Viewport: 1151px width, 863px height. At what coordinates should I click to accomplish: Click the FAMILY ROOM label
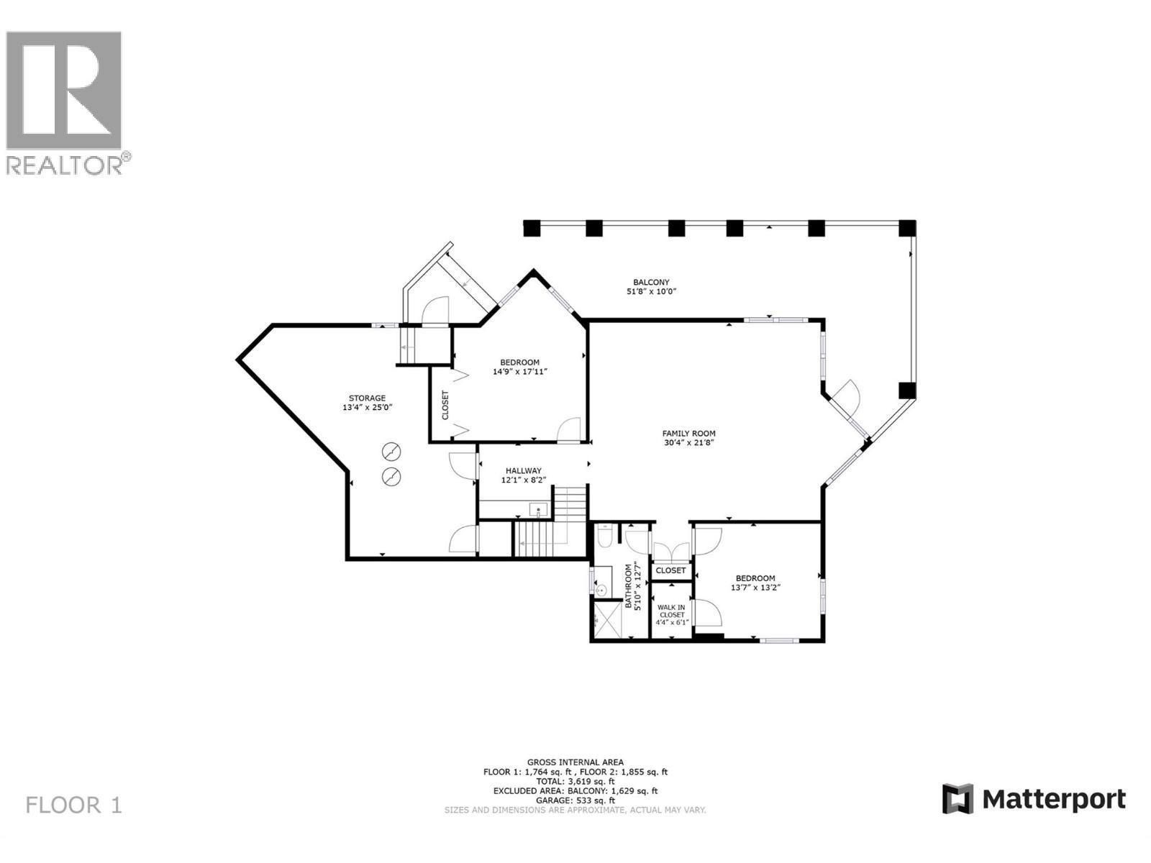click(x=688, y=434)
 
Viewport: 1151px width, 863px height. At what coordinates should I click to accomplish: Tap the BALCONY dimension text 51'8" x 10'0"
click(x=651, y=292)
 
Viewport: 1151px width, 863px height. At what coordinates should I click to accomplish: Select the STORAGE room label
click(x=367, y=398)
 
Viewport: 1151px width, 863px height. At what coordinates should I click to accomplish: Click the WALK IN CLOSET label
click(x=671, y=611)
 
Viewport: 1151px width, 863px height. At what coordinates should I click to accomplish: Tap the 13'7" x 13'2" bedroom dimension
click(x=755, y=588)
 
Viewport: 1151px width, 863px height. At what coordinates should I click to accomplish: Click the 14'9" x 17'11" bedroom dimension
click(x=519, y=372)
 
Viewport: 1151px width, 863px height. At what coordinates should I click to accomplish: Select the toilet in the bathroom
click(x=604, y=536)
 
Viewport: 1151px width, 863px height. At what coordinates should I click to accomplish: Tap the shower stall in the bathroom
click(x=606, y=621)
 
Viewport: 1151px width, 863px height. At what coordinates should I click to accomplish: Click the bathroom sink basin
click(x=601, y=590)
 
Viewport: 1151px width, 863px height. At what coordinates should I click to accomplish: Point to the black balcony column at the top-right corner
click(x=908, y=228)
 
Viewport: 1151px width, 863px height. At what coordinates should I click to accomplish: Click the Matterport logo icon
click(x=957, y=798)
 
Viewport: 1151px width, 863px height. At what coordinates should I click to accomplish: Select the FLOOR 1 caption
click(x=74, y=805)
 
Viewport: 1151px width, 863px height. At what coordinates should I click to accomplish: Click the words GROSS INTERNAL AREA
click(x=575, y=762)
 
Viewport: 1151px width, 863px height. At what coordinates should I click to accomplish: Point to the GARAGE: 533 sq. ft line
click(x=575, y=800)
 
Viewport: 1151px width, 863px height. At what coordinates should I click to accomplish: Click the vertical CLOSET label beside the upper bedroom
click(x=445, y=405)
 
